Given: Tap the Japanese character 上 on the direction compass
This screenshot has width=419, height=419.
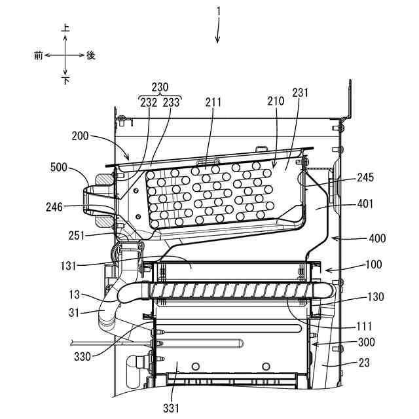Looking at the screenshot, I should (x=65, y=29).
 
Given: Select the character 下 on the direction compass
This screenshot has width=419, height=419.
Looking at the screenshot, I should (x=65, y=81).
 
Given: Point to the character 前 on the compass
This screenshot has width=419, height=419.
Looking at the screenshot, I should (x=39, y=56).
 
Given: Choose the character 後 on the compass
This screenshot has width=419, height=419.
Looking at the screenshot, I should (x=91, y=56).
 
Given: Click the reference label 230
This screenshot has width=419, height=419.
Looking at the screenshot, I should (x=160, y=87).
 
